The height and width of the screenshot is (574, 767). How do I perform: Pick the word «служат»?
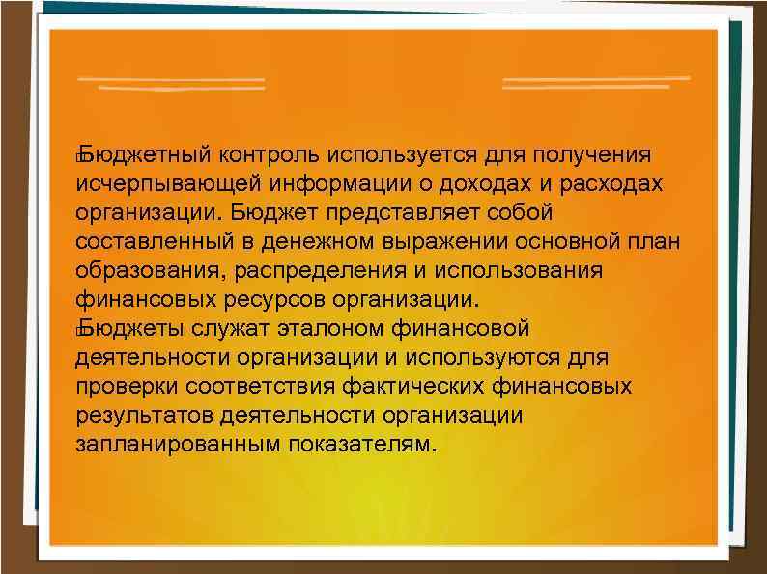click(227, 328)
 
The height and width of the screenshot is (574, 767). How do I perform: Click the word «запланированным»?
click(177, 444)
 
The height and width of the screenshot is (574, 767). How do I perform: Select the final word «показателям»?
click(366, 444)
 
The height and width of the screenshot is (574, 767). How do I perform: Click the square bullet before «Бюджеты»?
click(77, 330)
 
